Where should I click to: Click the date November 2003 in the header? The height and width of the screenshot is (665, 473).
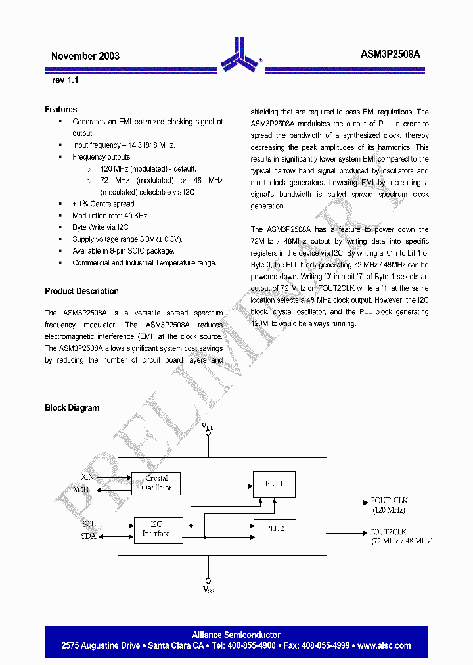coord(85,57)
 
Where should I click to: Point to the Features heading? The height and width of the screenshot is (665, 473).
coord(61,110)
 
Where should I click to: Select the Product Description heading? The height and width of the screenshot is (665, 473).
coord(81,291)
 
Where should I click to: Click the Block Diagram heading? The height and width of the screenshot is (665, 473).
coord(72,408)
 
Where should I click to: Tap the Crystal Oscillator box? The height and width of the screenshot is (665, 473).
coord(156,483)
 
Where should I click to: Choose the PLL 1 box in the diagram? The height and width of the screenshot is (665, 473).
coord(274,484)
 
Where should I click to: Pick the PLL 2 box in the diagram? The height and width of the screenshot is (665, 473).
coord(274,529)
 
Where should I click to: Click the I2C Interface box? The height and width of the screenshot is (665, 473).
coord(156,529)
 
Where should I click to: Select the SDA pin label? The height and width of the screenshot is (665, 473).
coord(88,536)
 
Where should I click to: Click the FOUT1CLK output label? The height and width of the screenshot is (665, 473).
coord(389,501)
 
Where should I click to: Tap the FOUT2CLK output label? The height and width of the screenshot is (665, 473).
coord(388,532)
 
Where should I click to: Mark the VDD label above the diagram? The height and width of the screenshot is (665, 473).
coord(208,428)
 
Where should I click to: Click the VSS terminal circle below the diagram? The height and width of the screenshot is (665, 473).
coord(208,580)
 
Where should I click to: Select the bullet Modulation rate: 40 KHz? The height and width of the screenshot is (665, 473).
coord(110,216)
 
